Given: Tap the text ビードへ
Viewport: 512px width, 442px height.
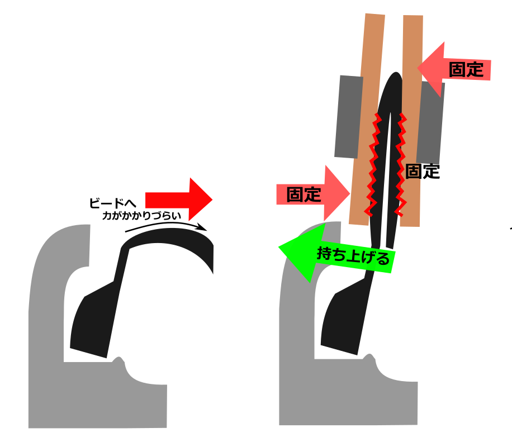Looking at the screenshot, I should pos(112,203).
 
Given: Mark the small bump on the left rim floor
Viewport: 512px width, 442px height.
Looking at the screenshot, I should pos(118,359).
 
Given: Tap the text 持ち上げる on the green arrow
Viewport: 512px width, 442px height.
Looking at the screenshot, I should pos(353,257).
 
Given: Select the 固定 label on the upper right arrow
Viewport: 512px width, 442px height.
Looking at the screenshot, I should pos(465,69).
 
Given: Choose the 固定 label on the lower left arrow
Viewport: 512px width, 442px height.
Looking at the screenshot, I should pos(304,194).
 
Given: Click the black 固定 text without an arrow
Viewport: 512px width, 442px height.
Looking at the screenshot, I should pos(423,172).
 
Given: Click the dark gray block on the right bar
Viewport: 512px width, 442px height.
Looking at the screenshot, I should pos(431,120).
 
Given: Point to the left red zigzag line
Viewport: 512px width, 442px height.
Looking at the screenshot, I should pos(372,165).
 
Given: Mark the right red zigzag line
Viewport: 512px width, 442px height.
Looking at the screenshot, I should pos(401,165).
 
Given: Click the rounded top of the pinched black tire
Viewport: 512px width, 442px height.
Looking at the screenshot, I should pos(395,78).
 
